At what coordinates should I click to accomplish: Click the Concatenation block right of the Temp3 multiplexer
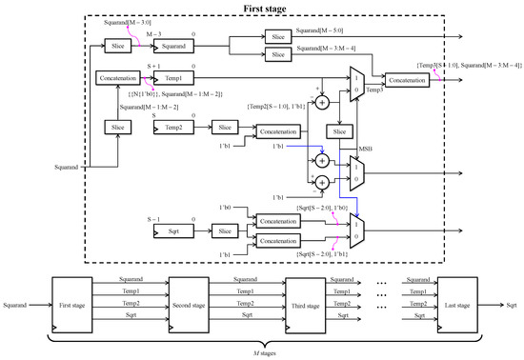(x=406, y=80)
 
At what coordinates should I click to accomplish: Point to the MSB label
(x=366, y=149)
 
